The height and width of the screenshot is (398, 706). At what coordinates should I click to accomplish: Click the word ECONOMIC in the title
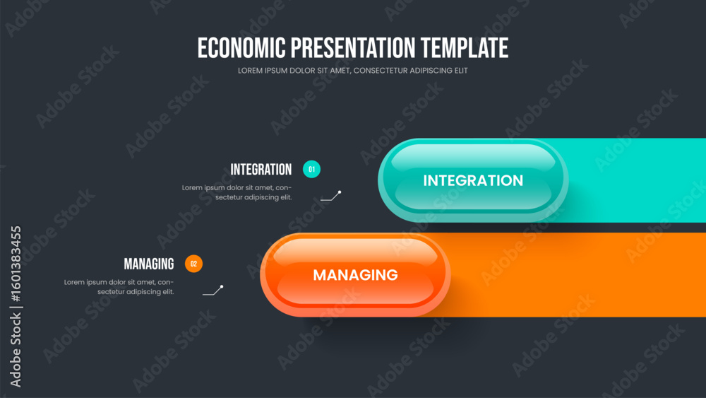(241, 48)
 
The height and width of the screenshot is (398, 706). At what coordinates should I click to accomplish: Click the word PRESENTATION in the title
(353, 48)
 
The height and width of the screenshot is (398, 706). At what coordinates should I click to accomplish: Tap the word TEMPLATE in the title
(465, 48)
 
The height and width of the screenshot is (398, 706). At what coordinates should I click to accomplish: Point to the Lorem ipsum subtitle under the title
(352, 71)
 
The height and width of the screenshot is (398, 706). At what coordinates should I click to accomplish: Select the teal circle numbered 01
(311, 170)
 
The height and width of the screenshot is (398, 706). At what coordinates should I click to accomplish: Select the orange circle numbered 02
(193, 264)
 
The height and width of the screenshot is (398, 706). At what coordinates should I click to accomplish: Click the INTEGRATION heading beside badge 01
(261, 170)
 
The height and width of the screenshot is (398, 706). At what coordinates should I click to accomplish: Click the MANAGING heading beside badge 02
(149, 264)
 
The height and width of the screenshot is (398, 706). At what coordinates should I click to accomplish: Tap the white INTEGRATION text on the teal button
(473, 181)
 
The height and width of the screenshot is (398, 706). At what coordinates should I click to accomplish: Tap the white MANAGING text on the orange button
(355, 275)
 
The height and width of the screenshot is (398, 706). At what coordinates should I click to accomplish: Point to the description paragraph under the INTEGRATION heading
(237, 192)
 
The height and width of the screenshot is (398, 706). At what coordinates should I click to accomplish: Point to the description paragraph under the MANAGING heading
(119, 287)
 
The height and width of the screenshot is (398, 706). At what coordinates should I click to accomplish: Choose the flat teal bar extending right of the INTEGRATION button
(635, 180)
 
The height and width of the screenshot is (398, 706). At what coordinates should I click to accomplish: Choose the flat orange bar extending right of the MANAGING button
(576, 275)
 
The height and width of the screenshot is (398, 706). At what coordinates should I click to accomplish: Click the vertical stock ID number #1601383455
(16, 264)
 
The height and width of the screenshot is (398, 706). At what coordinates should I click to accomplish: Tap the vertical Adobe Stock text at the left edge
(16, 350)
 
